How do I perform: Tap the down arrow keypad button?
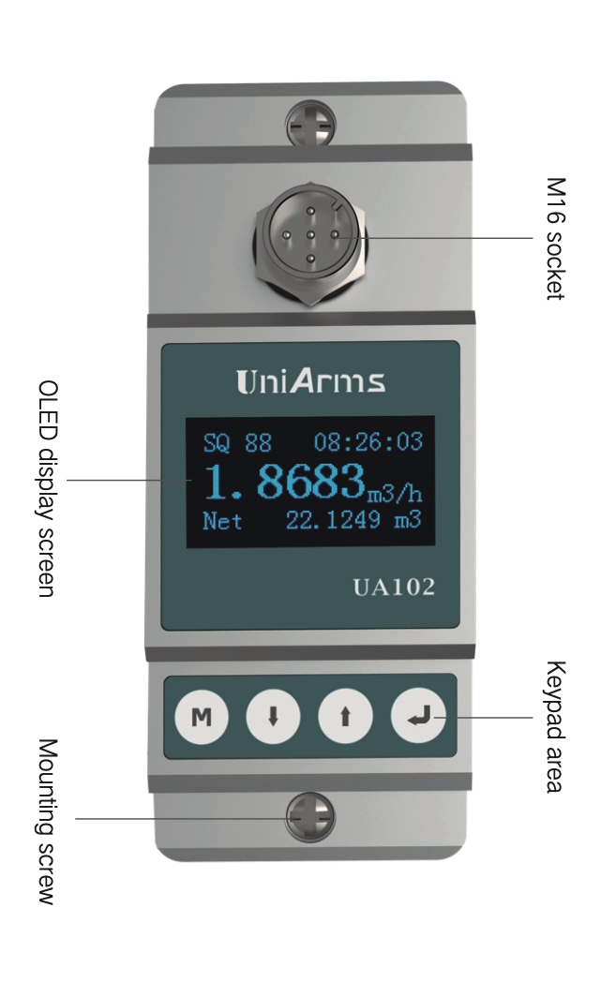tap(273, 716)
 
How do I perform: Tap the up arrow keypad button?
tap(345, 716)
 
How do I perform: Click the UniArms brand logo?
tap(310, 381)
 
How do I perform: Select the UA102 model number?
tap(394, 587)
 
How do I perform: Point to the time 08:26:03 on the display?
tap(368, 442)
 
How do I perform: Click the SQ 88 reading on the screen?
tap(237, 443)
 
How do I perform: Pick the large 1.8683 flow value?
tap(285, 482)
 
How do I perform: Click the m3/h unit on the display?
tap(395, 493)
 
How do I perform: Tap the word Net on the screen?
tap(222, 520)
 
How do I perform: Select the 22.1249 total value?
tap(333, 520)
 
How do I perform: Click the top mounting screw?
tap(311, 124)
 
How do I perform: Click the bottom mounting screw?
tap(310, 817)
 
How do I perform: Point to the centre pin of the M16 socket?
tap(310, 235)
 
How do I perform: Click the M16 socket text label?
tap(555, 239)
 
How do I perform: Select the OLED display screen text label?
tap(47, 488)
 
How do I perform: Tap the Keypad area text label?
tap(555, 726)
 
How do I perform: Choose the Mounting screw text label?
tap(47, 821)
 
